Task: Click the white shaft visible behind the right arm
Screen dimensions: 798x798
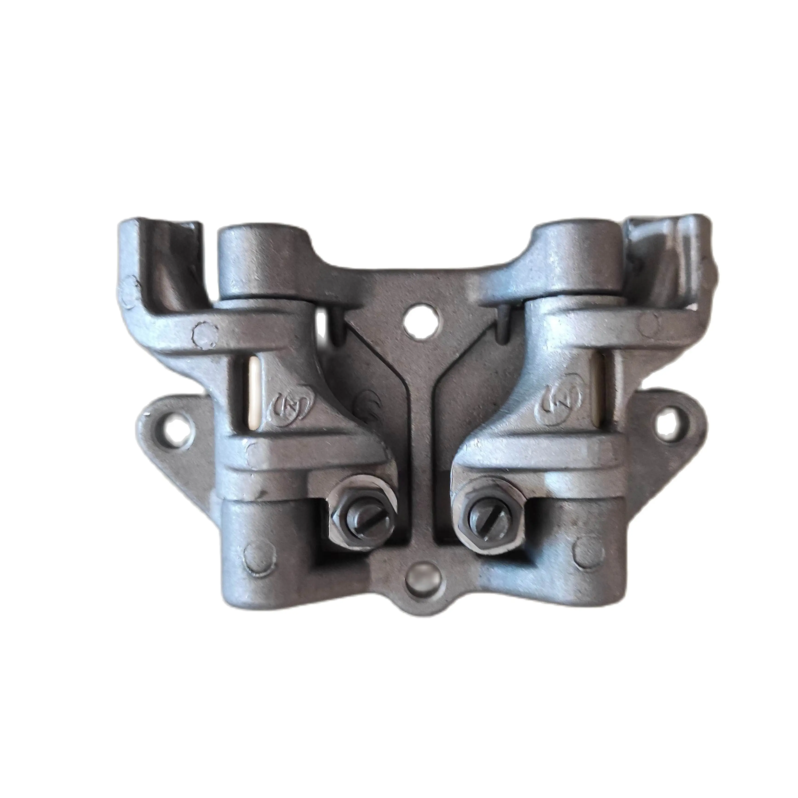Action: pos(604,382)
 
